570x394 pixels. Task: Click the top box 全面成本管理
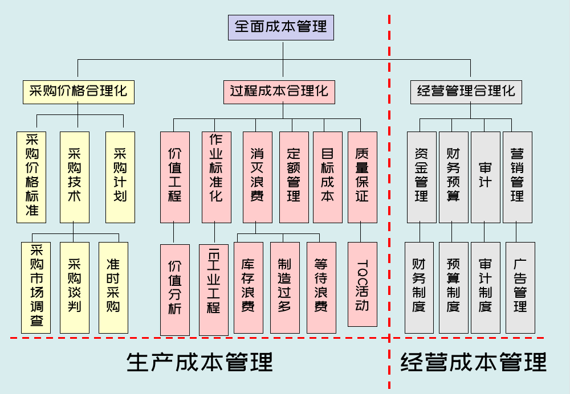coord(280,27)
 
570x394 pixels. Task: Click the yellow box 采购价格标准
coord(31,177)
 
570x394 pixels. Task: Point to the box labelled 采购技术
coord(74,177)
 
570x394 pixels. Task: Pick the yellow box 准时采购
coord(113,288)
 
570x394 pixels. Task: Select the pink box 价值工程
coord(174,177)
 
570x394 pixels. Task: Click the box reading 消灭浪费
coord(257,177)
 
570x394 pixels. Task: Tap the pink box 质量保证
coord(362,177)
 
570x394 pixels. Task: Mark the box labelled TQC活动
coord(362,284)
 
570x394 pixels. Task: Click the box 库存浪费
coord(248,288)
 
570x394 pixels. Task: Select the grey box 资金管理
coord(421,177)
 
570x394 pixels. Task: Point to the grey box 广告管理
coord(520,288)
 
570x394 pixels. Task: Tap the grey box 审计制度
coord(485,288)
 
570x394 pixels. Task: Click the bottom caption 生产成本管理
coord(199,362)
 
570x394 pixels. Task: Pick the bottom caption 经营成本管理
coord(473,362)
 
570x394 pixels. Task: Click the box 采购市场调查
coord(36,288)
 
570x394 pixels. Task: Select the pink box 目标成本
coord(327,177)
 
